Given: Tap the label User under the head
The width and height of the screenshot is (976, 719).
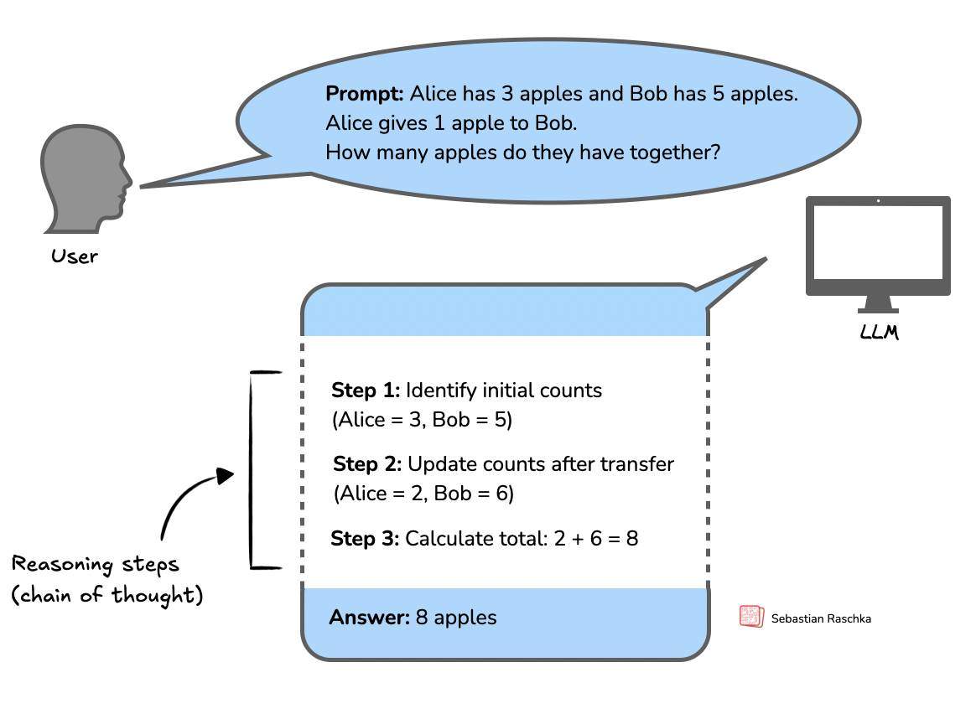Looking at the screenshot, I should coord(75,256).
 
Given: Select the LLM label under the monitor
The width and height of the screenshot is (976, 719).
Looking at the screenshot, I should coord(879,333).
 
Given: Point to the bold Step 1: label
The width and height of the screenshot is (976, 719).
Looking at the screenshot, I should coord(366,391).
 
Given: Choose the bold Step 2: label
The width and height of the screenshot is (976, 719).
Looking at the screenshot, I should coord(367,464).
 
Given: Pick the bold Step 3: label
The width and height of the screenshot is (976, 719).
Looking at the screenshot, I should coord(365,538).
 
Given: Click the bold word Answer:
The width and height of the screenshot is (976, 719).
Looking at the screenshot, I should coord(369,618).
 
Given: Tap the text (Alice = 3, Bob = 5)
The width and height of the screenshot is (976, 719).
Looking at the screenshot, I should coord(422,420).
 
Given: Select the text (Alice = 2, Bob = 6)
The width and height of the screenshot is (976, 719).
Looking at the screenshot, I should coord(423,494).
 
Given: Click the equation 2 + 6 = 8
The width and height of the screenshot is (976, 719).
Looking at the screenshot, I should coord(596,538).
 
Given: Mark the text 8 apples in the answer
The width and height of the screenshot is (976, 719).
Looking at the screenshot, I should coord(456,618).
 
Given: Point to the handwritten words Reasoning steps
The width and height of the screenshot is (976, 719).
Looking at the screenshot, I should coord(96,564).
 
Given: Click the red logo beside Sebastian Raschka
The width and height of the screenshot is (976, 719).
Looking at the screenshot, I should coord(751,617).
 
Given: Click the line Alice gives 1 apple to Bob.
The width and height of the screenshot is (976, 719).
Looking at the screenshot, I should coord(452,123).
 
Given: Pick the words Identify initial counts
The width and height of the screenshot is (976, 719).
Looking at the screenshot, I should coord(503,391).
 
